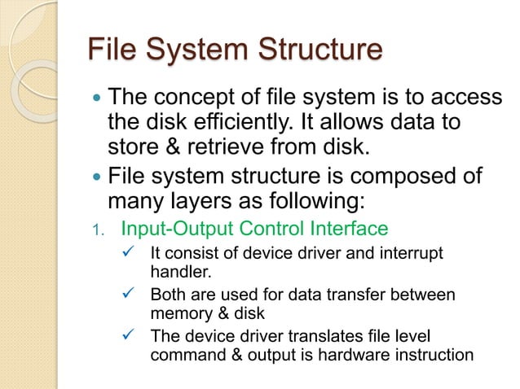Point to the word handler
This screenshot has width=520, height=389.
coord(183,273)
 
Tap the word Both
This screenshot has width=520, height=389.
coord(171,294)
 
